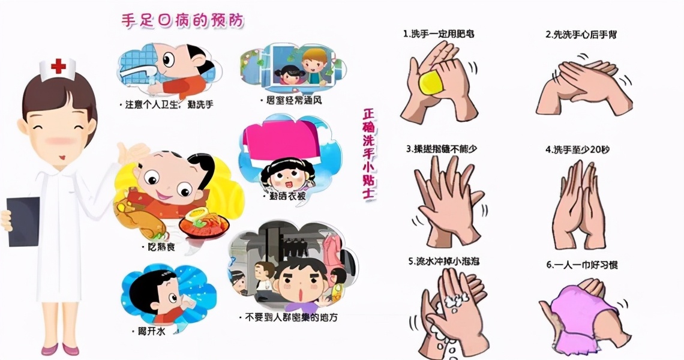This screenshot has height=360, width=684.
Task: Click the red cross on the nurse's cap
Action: (x=58, y=66)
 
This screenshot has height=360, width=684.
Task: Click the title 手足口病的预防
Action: (x=182, y=21)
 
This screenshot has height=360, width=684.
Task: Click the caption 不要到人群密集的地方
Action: (x=287, y=317)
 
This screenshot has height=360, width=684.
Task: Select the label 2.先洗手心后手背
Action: (x=581, y=35)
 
